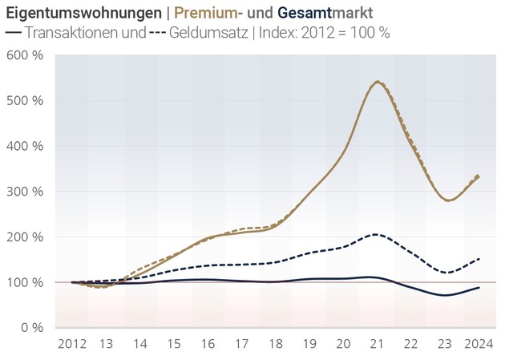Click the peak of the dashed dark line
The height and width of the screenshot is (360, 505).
[x=377, y=234]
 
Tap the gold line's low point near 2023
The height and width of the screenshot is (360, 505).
[x=448, y=200]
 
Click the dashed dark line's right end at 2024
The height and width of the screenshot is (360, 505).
[x=479, y=259]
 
